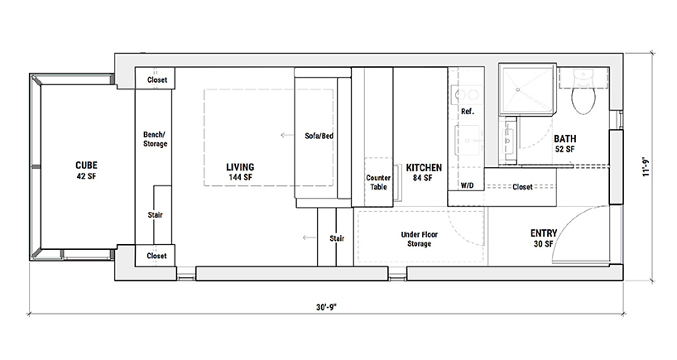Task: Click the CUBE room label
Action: click(86, 166)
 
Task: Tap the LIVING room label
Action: click(240, 167)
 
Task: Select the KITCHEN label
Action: click(424, 167)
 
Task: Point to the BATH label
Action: click(564, 139)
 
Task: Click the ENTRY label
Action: click(544, 233)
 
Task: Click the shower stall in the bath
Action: click(526, 90)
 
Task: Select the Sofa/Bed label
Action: click(319, 136)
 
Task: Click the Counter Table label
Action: click(378, 182)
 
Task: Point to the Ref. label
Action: click(467, 112)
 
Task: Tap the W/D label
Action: click(467, 186)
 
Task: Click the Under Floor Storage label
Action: click(420, 239)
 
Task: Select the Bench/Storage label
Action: click(155, 139)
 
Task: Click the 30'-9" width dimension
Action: click(326, 307)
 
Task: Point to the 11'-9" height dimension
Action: click(646, 167)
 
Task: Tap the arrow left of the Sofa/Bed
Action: click(287, 135)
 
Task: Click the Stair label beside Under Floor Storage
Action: click(337, 238)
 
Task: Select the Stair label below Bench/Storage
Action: click(155, 215)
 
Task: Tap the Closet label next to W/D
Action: click(522, 187)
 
